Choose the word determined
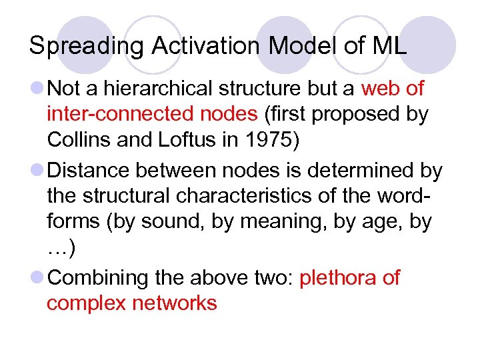click(x=360, y=171)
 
